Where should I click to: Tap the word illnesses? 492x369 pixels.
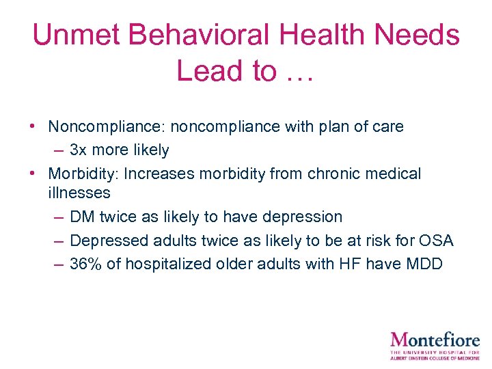tap(79, 193)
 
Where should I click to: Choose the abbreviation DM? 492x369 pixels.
tap(82, 217)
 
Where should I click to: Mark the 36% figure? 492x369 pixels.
tap(85, 264)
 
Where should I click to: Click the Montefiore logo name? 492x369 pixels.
tap(435, 339)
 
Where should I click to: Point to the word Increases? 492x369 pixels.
tap(161, 174)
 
